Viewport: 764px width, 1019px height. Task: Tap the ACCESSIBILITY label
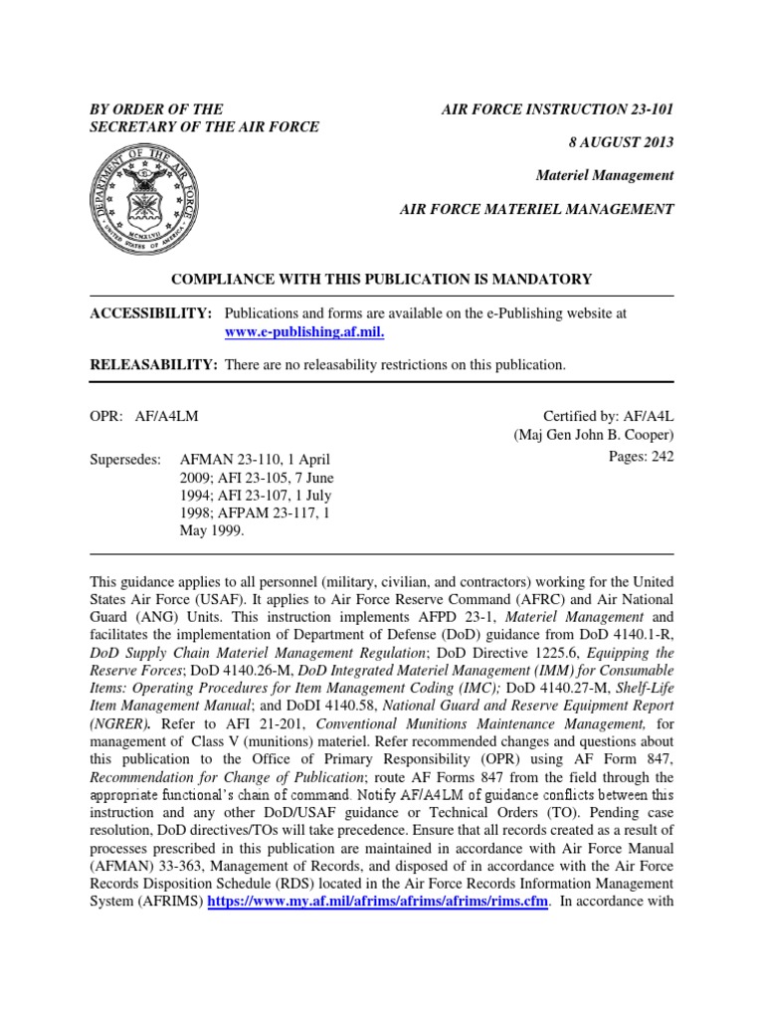(151, 313)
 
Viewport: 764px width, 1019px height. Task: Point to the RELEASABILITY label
(154, 365)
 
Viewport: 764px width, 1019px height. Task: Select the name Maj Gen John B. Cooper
(594, 436)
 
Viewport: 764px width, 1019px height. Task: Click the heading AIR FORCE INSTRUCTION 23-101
(557, 108)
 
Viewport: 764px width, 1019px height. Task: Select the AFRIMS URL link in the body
(378, 902)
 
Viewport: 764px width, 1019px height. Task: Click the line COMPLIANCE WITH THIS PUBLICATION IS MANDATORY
(382, 280)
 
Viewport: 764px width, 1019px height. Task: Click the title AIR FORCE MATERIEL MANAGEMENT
(536, 209)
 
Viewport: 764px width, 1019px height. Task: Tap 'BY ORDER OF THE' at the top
(156, 108)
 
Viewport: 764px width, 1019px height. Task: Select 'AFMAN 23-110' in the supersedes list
(224, 460)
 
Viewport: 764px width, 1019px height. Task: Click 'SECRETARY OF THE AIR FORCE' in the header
(205, 126)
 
